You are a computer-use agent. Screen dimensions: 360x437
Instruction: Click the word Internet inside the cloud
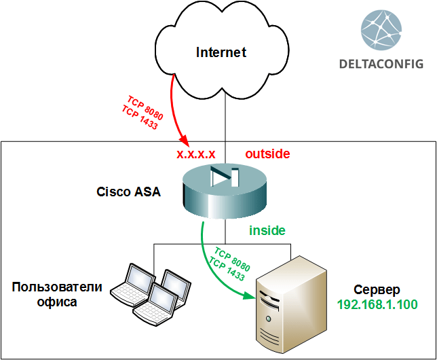tap(221, 52)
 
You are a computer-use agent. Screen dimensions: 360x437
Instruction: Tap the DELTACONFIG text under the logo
tap(381, 64)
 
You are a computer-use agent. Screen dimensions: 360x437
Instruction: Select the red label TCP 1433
tap(140, 117)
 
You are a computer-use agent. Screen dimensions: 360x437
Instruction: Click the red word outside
tap(267, 154)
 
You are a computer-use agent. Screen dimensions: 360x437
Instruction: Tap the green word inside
tap(267, 230)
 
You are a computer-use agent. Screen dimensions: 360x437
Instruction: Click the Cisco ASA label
tap(128, 192)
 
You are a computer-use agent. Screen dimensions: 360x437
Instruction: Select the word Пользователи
tap(57, 287)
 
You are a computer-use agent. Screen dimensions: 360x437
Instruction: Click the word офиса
tap(57, 302)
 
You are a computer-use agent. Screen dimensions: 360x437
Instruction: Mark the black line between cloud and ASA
tap(225, 122)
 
